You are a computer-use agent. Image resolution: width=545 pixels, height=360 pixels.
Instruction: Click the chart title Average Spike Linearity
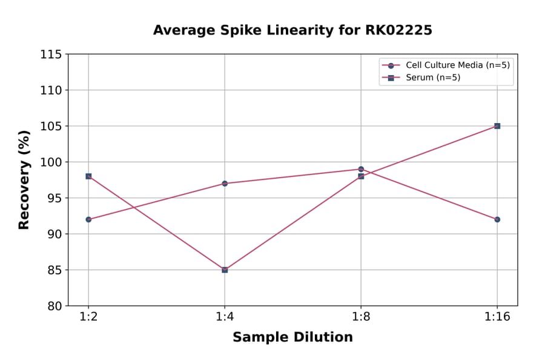pyautogui.click(x=292, y=30)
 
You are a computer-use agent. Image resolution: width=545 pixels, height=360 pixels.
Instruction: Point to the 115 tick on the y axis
pyautogui.click(x=51, y=55)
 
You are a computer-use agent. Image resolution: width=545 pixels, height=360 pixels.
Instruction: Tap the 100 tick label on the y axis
pyautogui.click(x=51, y=162)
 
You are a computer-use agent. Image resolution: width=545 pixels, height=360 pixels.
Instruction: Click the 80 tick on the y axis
pyautogui.click(x=54, y=306)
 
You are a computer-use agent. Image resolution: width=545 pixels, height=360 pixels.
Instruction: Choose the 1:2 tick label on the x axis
pyautogui.click(x=88, y=318)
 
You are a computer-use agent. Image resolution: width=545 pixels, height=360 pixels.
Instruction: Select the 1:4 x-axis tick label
pyautogui.click(x=225, y=318)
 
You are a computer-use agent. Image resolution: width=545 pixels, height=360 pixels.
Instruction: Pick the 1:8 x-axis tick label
pyautogui.click(x=361, y=318)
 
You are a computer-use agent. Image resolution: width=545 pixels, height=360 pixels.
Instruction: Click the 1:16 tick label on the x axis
pyautogui.click(x=497, y=318)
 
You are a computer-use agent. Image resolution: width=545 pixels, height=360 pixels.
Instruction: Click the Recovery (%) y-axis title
pyautogui.click(x=24, y=180)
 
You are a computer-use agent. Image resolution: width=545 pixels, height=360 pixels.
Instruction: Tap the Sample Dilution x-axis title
pyautogui.click(x=292, y=338)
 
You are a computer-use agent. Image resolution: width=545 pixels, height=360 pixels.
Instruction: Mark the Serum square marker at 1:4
pyautogui.click(x=225, y=270)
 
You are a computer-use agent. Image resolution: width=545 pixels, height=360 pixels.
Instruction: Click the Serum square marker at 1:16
pyautogui.click(x=497, y=126)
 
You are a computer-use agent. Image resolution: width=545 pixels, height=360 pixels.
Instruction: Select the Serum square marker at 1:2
pyautogui.click(x=88, y=176)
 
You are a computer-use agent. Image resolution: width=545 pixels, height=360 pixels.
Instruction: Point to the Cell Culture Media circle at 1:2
pyautogui.click(x=88, y=219)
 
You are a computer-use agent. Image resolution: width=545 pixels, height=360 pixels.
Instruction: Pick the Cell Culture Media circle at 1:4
pyautogui.click(x=225, y=183)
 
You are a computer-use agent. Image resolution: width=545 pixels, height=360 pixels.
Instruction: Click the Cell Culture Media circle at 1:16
pyautogui.click(x=497, y=219)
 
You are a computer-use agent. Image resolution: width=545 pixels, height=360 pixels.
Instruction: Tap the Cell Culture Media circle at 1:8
pyautogui.click(x=361, y=169)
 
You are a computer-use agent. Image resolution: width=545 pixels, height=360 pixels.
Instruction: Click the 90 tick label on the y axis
pyautogui.click(x=54, y=234)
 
